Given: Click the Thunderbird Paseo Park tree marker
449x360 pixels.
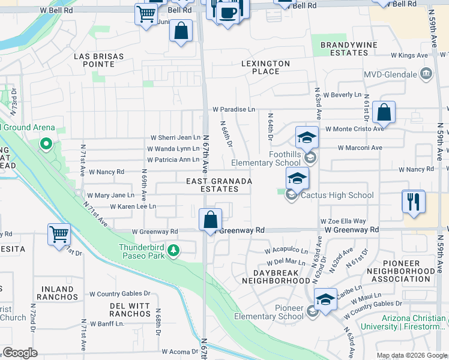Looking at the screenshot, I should pyautogui.click(x=173, y=250).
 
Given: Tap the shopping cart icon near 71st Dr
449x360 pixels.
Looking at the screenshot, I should pyautogui.click(x=59, y=234).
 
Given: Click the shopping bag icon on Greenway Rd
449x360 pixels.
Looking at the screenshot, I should pyautogui.click(x=210, y=220).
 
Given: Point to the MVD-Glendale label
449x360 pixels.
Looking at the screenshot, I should pyautogui.click(x=390, y=74).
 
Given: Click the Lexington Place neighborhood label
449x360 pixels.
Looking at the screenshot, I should pyautogui.click(x=265, y=67).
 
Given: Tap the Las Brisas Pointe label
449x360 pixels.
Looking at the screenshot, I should pyautogui.click(x=98, y=60).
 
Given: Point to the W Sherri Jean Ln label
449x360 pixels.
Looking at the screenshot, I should pyautogui.click(x=175, y=137).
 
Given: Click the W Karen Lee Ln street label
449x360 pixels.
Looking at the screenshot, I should pyautogui.click(x=133, y=206).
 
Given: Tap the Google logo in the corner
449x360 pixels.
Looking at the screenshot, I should pyautogui.click(x=20, y=353).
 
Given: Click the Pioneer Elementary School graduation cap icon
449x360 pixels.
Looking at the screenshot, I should pyautogui.click(x=325, y=299).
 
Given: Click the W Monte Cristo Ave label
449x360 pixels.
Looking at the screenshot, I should pyautogui.click(x=354, y=129).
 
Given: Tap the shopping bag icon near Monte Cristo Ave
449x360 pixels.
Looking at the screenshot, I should pyautogui.click(x=384, y=112).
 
